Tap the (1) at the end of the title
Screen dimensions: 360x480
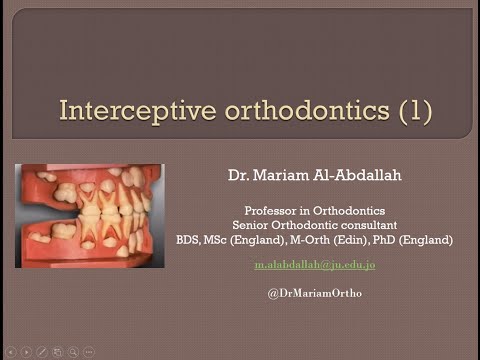[x=413, y=109]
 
